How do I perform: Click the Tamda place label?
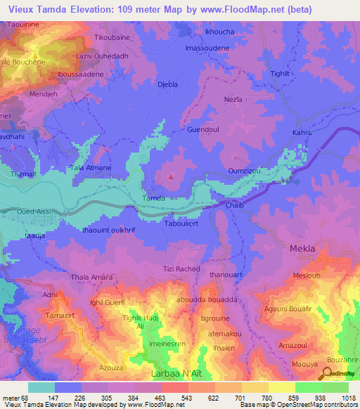pos(154,198)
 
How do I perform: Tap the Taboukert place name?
pos(181,224)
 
